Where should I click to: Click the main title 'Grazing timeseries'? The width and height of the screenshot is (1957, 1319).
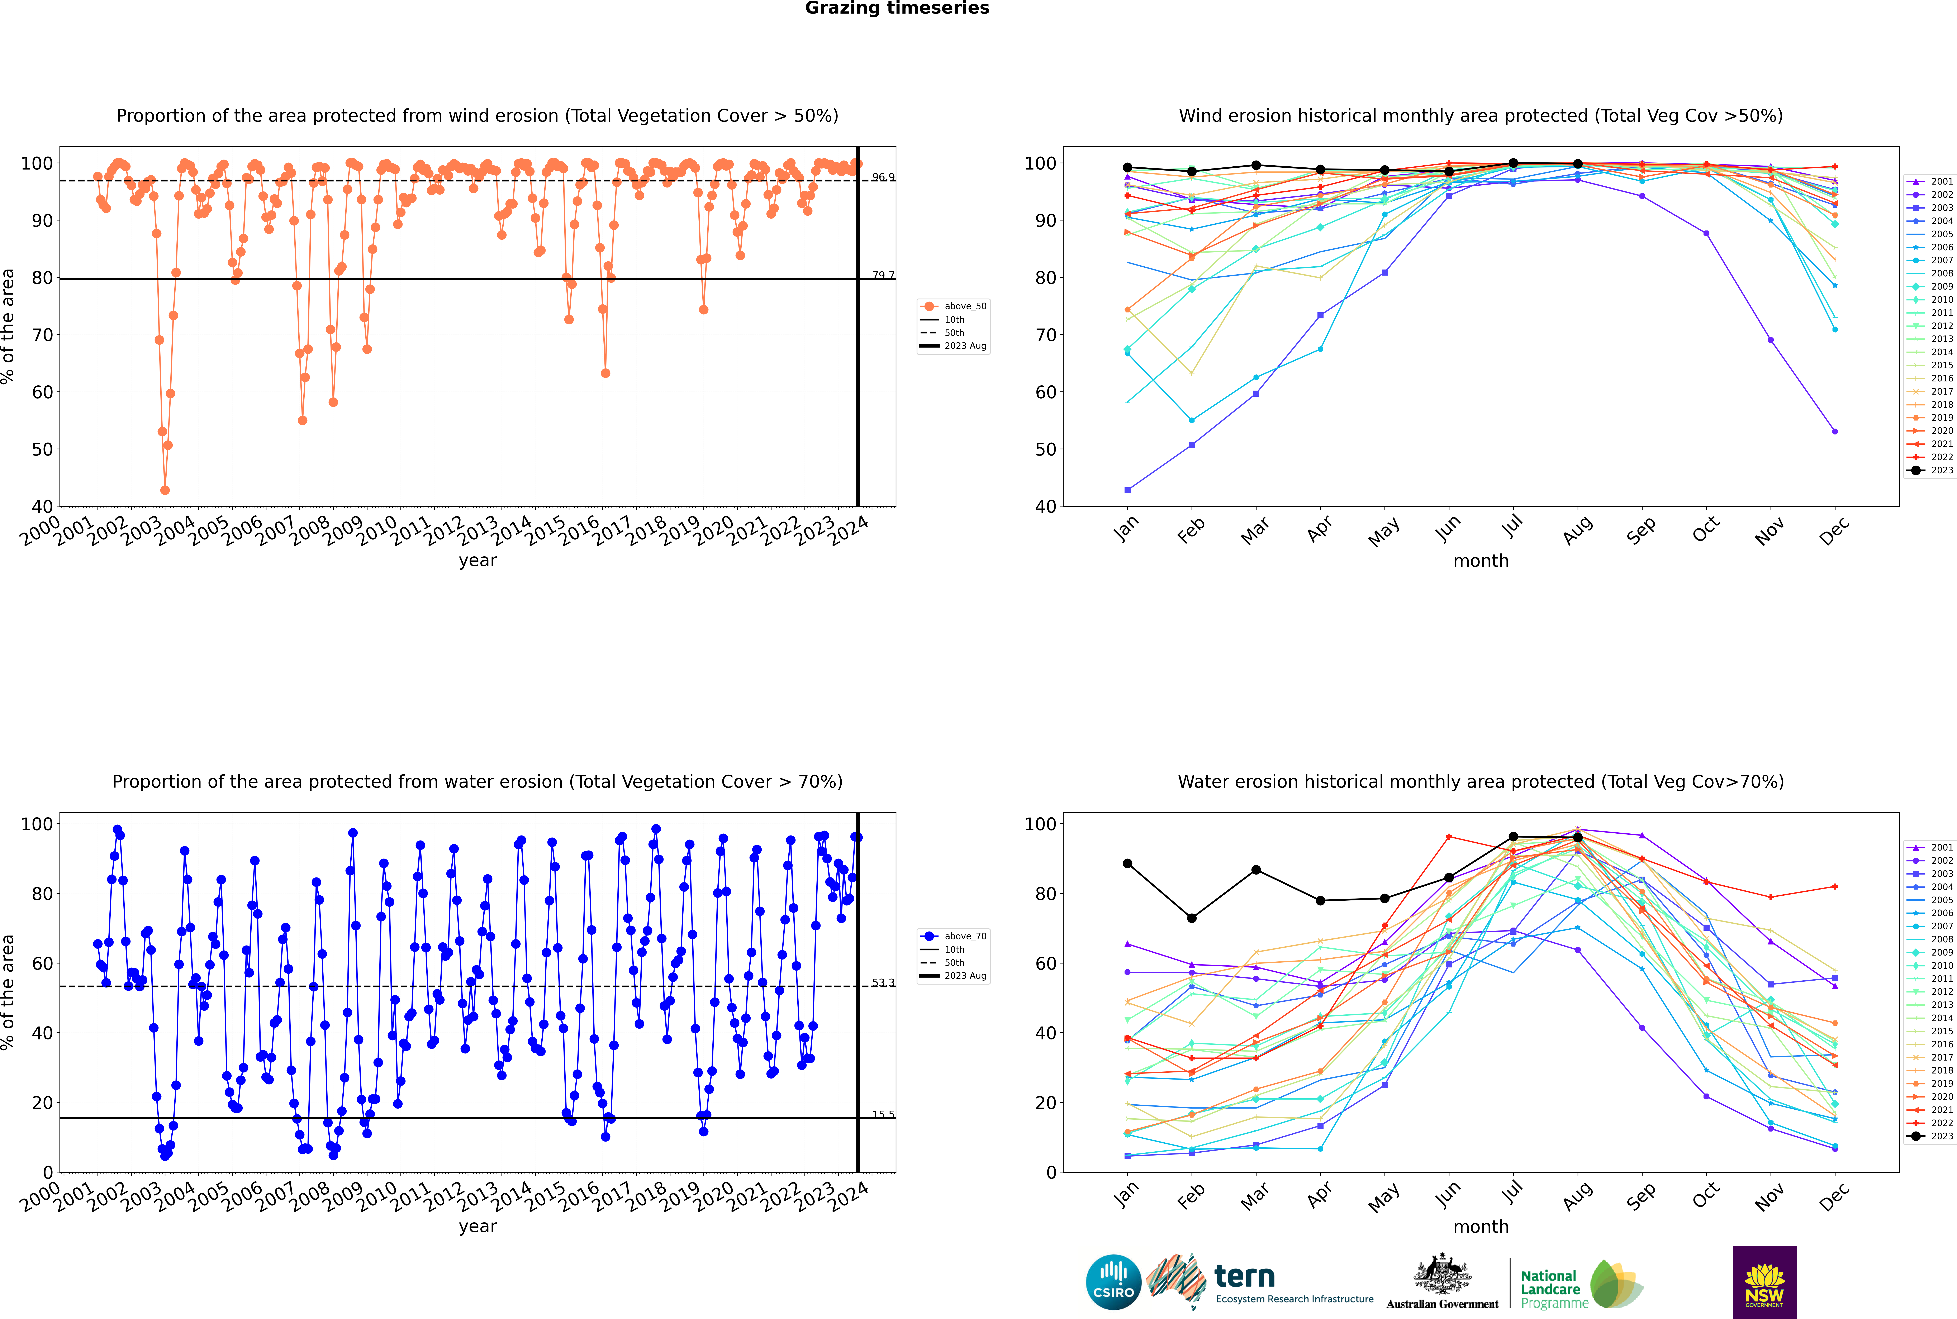click(897, 8)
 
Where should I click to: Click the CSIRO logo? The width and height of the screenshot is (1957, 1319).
click(1113, 1282)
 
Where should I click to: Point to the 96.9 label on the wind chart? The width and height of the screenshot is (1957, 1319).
click(883, 177)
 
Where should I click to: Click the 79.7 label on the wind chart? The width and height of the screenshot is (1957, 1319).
click(883, 275)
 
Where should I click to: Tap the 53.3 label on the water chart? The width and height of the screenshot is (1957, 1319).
click(883, 982)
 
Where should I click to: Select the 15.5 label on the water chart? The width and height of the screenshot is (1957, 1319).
click(883, 1115)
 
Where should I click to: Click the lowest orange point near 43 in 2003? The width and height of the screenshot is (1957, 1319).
click(165, 490)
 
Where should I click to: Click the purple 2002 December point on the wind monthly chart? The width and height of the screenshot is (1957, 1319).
click(1834, 432)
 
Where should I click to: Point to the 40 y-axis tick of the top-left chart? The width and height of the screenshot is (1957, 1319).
click(42, 506)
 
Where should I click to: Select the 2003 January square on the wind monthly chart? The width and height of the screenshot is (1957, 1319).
click(1127, 490)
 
